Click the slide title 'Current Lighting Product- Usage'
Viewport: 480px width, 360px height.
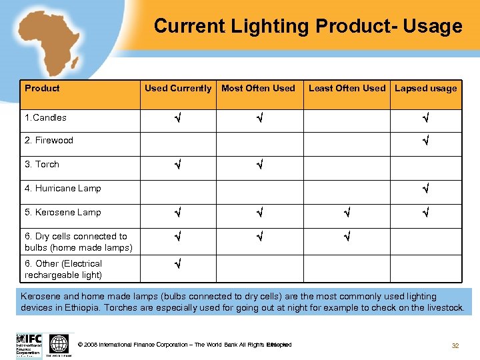(307, 26)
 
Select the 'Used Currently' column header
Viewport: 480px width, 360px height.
(178, 88)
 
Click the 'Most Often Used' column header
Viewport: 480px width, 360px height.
(258, 88)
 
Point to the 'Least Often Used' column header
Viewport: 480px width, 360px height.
(347, 88)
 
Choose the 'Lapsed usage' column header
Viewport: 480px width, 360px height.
(426, 88)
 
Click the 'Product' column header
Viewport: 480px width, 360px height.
(42, 88)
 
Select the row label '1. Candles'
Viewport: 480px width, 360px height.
(45, 118)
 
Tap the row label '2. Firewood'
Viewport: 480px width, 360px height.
(49, 141)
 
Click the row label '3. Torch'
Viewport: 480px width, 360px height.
(41, 165)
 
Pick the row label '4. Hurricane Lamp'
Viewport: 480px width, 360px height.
(63, 189)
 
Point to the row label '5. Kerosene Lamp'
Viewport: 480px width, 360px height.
(63, 213)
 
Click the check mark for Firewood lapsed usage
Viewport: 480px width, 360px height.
(425, 141)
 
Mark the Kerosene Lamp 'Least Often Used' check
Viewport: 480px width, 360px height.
(347, 213)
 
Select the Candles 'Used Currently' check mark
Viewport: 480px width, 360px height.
(178, 118)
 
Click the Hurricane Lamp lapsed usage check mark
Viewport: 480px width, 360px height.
(425, 189)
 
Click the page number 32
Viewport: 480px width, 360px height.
(455, 345)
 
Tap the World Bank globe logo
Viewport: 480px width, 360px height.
(59, 344)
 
